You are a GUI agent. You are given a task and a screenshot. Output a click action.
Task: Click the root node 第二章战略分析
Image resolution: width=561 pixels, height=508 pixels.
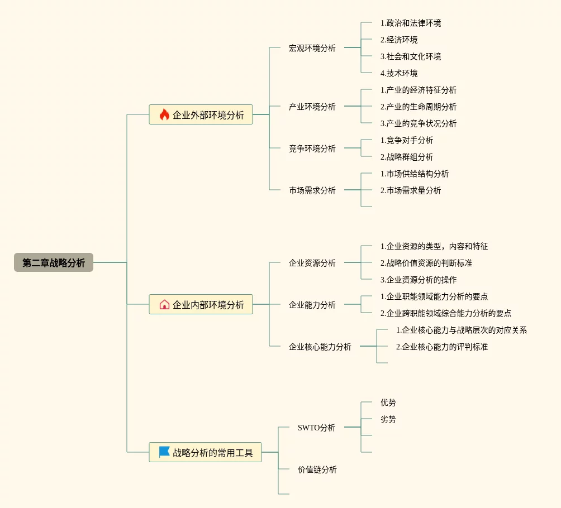click(54, 262)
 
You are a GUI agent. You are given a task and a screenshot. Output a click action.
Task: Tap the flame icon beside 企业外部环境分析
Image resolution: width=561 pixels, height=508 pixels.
click(164, 115)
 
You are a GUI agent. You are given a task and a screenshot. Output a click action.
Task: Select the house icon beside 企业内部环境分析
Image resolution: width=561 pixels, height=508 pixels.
click(164, 304)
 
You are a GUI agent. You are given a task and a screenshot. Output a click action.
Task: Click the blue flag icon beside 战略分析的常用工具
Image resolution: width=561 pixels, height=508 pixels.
click(164, 452)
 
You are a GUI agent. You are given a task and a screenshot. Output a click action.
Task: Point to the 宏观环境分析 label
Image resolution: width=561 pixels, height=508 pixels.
click(312, 48)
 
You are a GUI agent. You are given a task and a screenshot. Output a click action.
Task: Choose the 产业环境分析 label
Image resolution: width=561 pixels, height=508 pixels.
click(312, 107)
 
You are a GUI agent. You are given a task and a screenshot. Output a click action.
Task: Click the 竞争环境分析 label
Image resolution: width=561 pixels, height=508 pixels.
click(312, 148)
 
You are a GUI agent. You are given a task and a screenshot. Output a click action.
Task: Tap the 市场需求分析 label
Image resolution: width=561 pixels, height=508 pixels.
click(312, 190)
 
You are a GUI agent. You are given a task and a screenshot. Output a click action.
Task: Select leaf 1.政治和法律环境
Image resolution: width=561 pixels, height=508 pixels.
click(411, 23)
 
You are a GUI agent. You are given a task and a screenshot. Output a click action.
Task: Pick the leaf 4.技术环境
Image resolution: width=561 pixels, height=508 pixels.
click(399, 73)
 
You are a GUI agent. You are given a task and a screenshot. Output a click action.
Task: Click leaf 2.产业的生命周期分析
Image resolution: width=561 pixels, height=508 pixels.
click(419, 107)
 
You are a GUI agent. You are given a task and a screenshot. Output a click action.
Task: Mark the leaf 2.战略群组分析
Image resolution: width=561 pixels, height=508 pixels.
click(407, 157)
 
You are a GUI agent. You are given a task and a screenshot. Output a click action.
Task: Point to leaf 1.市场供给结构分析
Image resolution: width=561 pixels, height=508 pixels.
click(415, 174)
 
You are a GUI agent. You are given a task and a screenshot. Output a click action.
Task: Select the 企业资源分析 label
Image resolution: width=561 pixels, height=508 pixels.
click(312, 263)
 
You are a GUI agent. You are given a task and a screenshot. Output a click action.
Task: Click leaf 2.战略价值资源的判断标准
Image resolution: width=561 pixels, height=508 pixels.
click(426, 263)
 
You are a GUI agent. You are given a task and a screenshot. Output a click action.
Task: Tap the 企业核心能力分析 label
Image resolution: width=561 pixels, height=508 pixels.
click(320, 347)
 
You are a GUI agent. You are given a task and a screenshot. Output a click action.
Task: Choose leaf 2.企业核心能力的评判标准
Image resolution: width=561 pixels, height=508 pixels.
click(442, 347)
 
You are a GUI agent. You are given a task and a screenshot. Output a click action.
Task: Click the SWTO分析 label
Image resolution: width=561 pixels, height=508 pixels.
click(316, 428)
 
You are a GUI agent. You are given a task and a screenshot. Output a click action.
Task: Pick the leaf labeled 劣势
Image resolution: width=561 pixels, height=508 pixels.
click(388, 419)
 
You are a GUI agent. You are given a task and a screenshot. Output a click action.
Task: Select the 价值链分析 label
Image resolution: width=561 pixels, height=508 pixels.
click(317, 469)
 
